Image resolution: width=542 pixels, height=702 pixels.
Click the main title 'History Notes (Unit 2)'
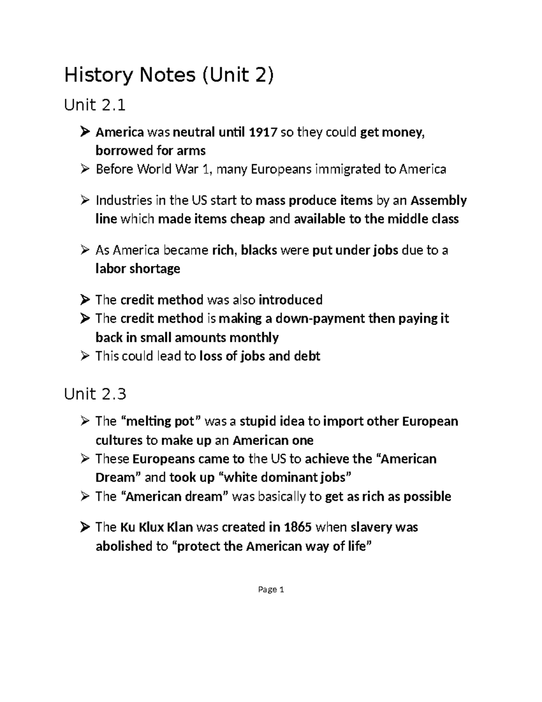click(169, 75)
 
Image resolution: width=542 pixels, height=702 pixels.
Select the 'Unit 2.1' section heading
click(94, 105)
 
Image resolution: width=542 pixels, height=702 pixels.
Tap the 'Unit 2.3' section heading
click(95, 394)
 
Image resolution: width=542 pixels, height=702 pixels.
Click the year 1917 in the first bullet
click(263, 132)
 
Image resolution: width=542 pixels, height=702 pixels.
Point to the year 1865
click(298, 527)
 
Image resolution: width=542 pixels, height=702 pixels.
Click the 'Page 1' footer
click(271, 589)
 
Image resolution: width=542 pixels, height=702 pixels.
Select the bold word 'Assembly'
click(438, 200)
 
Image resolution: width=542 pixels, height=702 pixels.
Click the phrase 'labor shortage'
click(138, 269)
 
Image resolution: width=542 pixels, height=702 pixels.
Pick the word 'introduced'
click(290, 300)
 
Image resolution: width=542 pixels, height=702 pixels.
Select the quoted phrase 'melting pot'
click(161, 421)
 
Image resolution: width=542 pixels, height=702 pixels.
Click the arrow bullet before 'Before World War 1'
click(84, 170)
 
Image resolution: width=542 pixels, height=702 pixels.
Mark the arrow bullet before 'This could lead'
click(84, 356)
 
